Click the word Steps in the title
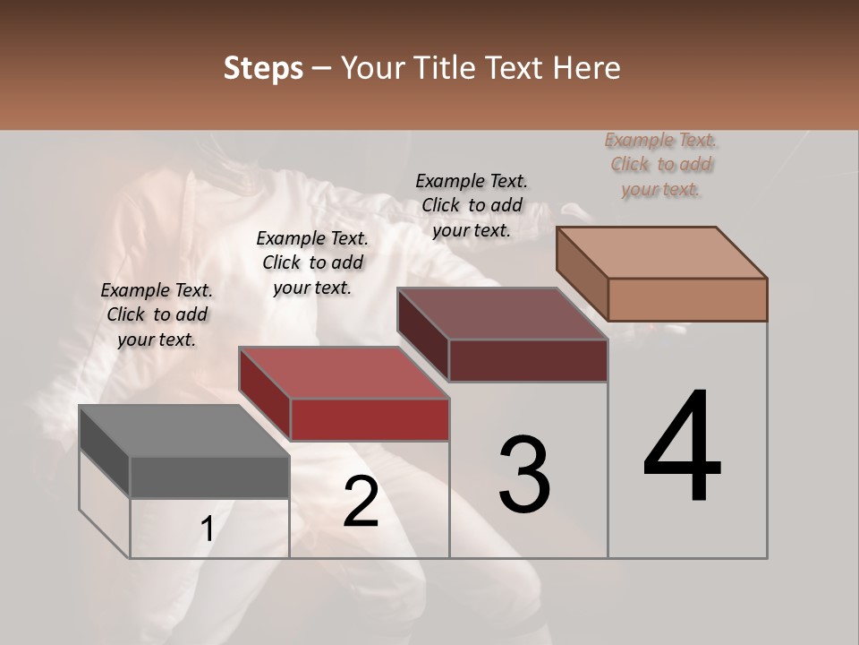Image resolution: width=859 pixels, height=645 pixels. click(x=263, y=68)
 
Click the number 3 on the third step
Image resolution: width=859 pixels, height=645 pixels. click(x=524, y=475)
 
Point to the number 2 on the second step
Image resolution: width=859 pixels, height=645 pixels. click(x=361, y=503)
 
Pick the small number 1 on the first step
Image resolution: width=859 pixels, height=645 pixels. click(x=207, y=529)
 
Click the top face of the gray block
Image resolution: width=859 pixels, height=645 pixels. click(x=183, y=431)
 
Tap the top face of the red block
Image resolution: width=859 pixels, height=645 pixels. click(x=343, y=373)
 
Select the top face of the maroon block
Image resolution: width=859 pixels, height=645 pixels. click(x=502, y=314)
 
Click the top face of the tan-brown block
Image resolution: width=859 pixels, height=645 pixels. click(x=661, y=253)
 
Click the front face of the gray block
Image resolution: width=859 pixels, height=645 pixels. click(x=209, y=477)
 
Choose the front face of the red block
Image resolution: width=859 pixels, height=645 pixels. click(x=370, y=419)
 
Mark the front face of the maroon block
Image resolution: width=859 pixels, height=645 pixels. click(x=528, y=360)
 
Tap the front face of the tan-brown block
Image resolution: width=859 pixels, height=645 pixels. click(x=687, y=299)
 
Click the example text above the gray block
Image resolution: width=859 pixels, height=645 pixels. click(x=157, y=314)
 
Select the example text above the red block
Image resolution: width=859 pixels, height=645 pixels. click(x=312, y=262)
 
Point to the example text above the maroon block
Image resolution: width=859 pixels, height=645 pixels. click(x=472, y=205)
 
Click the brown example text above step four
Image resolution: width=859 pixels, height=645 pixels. click(x=661, y=164)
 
